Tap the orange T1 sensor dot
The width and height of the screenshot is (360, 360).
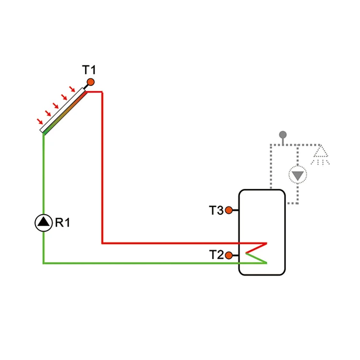[90, 82]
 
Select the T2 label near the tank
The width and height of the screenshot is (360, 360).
[216, 255]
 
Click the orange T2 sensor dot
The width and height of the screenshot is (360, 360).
[229, 255]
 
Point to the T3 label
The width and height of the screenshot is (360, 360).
[216, 210]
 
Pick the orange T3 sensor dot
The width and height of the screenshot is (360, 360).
[229, 210]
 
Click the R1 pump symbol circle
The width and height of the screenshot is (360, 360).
[44, 222]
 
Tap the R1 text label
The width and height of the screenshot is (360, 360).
[62, 222]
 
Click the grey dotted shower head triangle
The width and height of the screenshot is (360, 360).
[320, 153]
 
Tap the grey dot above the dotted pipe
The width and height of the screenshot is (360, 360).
[283, 134]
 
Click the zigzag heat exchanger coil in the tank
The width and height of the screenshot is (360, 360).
[256, 253]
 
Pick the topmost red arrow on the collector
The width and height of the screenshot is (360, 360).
[72, 89]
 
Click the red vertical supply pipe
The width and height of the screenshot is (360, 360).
[102, 168]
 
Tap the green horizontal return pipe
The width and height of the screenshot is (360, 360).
[144, 263]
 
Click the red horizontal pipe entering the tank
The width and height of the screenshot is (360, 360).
[182, 243]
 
